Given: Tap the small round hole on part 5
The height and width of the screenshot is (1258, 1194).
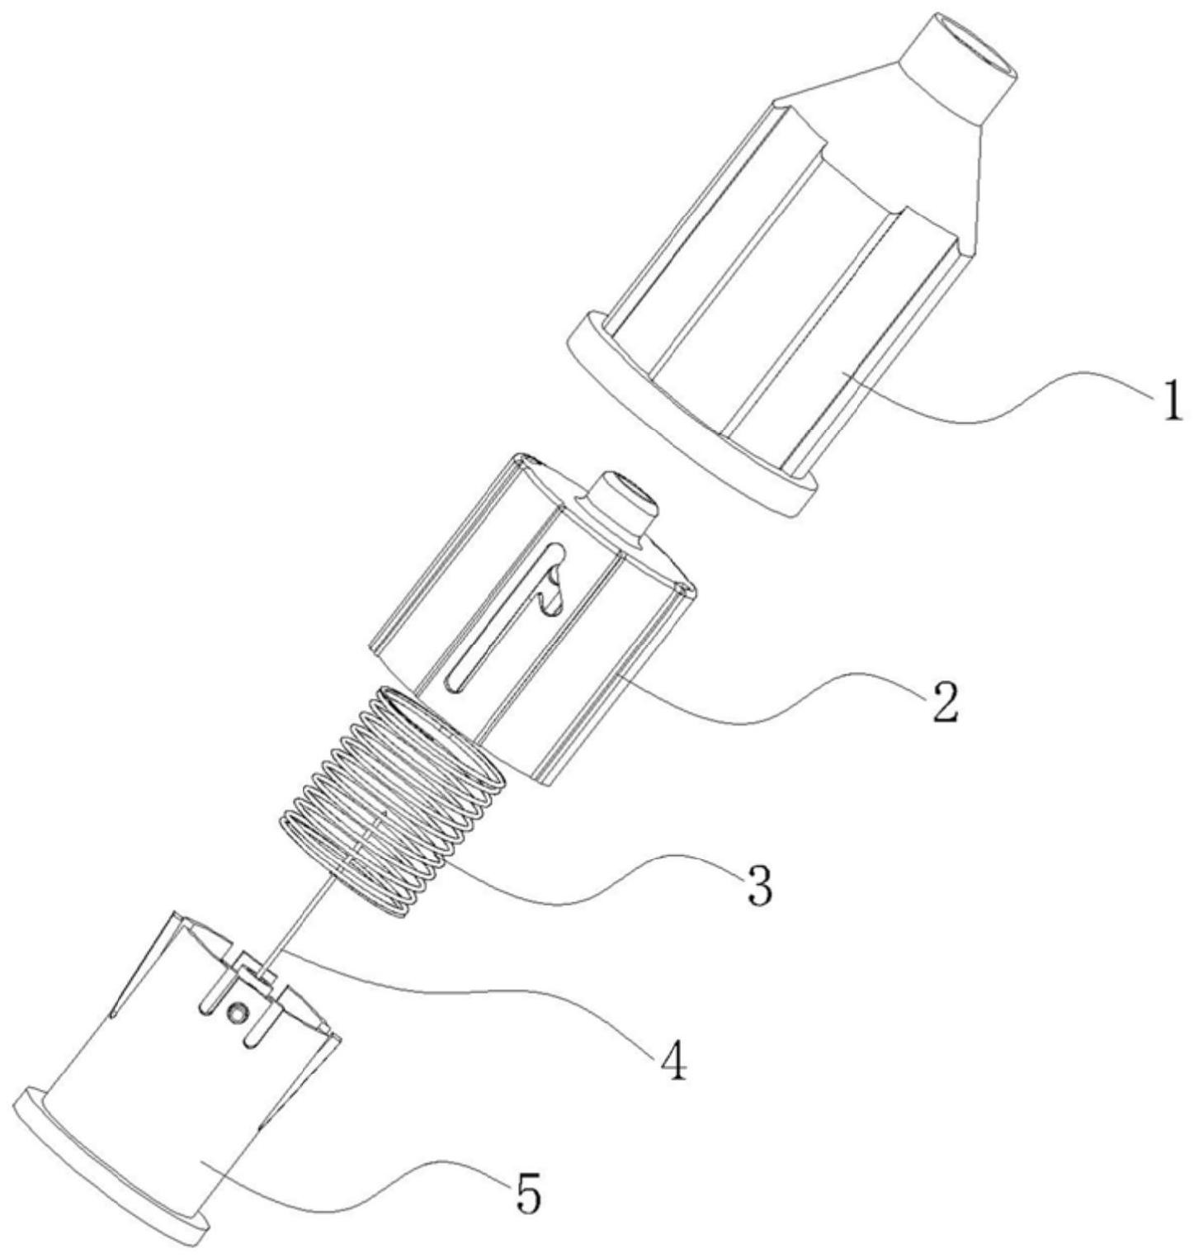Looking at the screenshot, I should tap(238, 1012).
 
